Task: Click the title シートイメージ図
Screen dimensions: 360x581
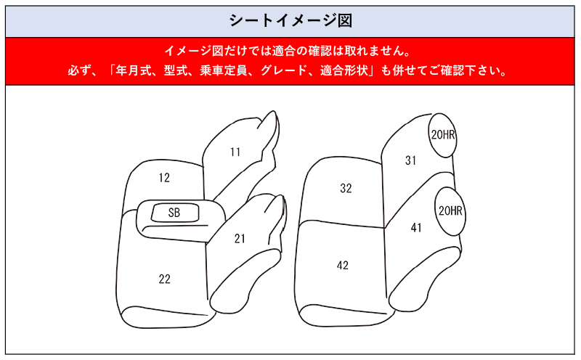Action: click(x=290, y=20)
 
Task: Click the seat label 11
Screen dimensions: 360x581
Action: click(x=235, y=152)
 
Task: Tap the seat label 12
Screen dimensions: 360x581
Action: click(x=164, y=178)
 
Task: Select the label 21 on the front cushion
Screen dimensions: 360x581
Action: click(x=240, y=238)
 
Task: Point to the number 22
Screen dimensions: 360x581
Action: click(x=165, y=279)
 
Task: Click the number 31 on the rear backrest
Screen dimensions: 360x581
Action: click(x=410, y=161)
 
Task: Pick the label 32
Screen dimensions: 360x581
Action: click(x=346, y=189)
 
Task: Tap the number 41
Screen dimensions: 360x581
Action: click(x=416, y=228)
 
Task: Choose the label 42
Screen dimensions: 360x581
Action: click(x=343, y=266)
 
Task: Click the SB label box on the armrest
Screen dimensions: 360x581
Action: click(x=174, y=213)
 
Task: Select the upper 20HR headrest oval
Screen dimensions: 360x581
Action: click(x=443, y=135)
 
